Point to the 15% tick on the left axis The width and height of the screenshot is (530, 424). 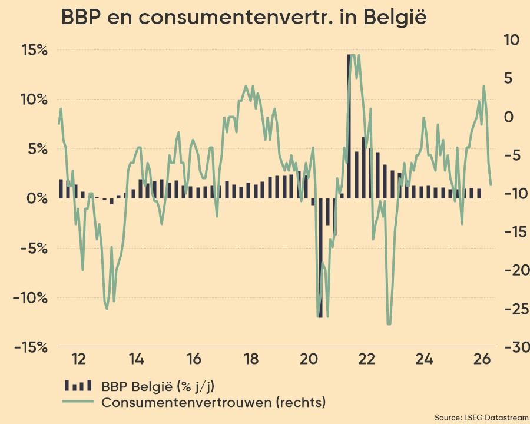pos(34,49)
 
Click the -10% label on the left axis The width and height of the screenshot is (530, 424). pos(30,297)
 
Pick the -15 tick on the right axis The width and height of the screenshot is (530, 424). pos(509,231)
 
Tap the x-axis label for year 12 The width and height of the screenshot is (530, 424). pos(78,359)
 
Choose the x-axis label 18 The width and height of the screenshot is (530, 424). pos(251,359)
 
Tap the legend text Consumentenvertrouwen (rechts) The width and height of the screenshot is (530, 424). pos(213,403)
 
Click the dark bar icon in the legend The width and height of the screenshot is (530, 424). pos(78,386)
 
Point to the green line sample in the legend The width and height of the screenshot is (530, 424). pos(78,403)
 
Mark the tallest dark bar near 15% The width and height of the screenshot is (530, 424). pos(349,126)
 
